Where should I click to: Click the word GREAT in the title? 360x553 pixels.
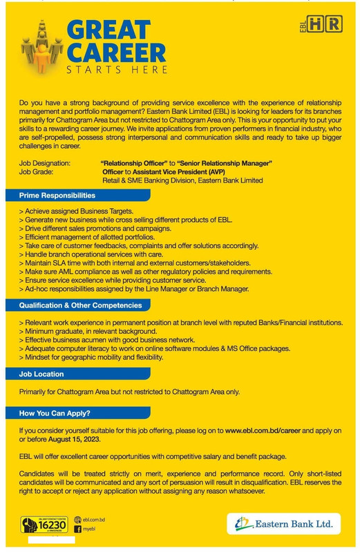[x=108, y=30]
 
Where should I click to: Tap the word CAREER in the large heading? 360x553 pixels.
[x=117, y=53]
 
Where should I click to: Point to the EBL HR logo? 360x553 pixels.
[x=321, y=25]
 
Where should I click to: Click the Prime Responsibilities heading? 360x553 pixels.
[x=57, y=196]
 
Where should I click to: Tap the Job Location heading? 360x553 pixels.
[x=41, y=374]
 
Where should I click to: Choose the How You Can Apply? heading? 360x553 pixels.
[x=55, y=413]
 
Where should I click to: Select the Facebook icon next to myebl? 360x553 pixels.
[x=77, y=529]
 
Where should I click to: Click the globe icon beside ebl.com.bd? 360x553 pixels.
[x=77, y=519]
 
